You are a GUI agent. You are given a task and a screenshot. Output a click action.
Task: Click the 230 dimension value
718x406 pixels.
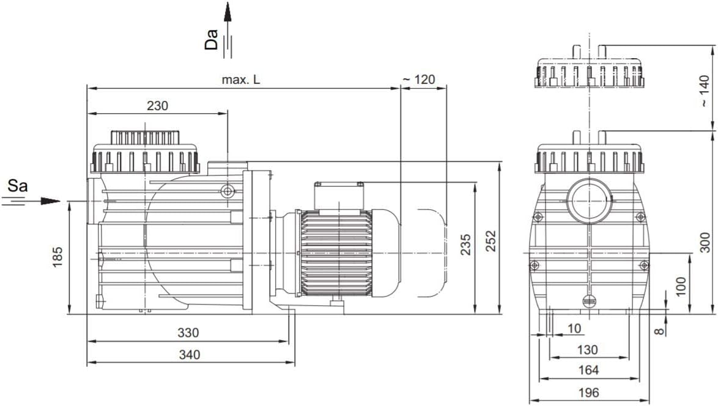pos(158,106)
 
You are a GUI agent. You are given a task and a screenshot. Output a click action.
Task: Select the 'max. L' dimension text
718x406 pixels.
pos(241,79)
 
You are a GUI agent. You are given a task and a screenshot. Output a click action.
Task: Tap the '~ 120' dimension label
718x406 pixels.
pos(418,79)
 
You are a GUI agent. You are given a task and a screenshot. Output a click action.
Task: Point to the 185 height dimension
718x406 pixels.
pos(57,257)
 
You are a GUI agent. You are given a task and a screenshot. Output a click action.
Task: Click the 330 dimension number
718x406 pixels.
pos(188,333)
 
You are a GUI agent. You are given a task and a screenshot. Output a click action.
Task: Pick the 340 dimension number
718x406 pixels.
pos(190,355)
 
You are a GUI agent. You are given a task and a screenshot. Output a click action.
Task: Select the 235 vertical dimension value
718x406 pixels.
pos(465,245)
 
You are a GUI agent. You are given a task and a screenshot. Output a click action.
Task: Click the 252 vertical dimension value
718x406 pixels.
pos(491,241)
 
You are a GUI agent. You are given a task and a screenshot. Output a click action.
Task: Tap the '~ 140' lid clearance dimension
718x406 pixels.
pos(705,92)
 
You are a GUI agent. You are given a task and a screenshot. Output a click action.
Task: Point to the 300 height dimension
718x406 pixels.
pos(706,243)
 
